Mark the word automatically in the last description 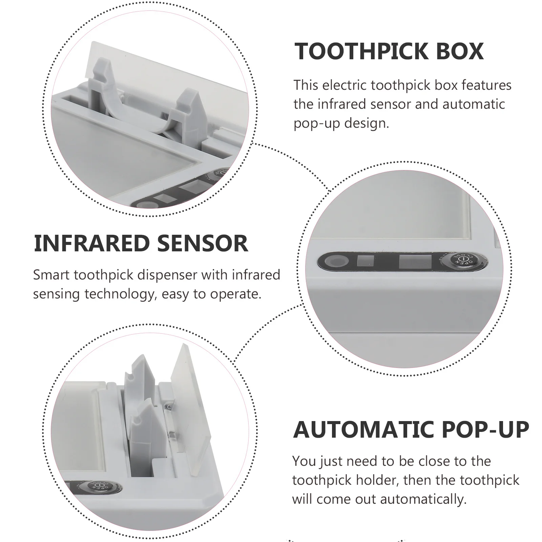[423, 499]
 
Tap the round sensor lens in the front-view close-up [336, 262]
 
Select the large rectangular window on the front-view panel [415, 262]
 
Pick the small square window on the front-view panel [366, 262]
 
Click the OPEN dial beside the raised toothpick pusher [98, 488]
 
